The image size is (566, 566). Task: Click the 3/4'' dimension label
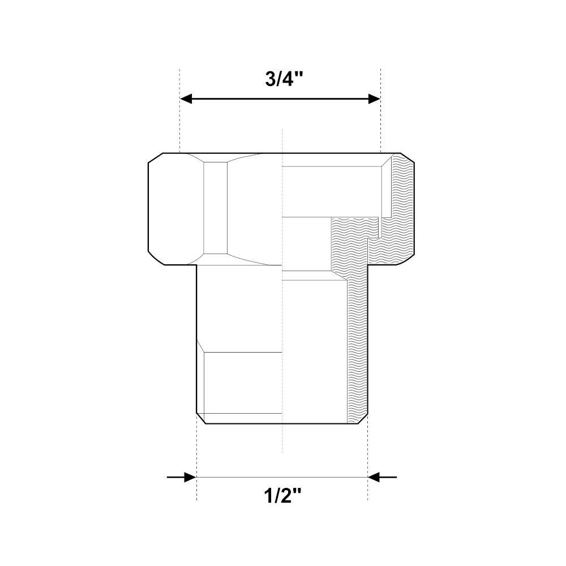tap(284, 79)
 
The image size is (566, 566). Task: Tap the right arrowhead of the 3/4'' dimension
tap(374, 98)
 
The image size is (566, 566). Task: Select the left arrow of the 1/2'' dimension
tap(182, 477)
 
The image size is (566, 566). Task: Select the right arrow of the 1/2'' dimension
tap(382, 477)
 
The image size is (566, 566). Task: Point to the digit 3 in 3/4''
tap(271, 80)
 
